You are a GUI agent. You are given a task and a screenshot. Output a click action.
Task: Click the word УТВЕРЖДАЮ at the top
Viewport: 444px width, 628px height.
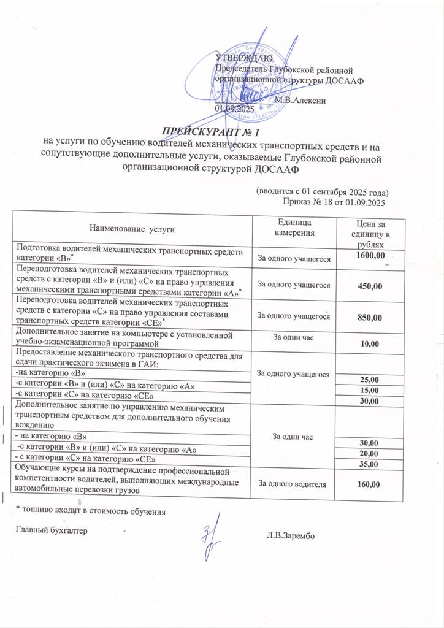240,58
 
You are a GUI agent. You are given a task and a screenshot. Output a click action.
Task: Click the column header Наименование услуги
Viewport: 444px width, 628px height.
132,229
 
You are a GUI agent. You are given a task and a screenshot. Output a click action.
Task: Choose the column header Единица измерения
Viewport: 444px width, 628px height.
294,227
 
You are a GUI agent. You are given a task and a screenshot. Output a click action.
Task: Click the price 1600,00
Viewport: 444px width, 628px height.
371,255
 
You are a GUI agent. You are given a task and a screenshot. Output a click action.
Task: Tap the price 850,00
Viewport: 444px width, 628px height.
370,316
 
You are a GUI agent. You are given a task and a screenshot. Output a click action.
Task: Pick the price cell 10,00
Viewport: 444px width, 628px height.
370,345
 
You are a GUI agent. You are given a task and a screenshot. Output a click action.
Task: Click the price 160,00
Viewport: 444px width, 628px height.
370,484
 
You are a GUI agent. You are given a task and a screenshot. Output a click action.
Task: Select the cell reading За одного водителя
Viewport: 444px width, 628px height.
294,484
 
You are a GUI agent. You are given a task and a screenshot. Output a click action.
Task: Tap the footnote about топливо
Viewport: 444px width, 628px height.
90,510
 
